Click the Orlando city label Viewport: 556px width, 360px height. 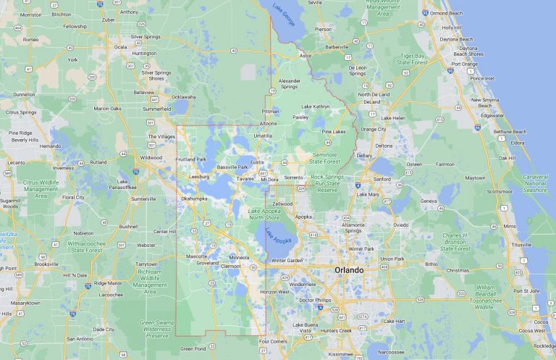click(349, 269)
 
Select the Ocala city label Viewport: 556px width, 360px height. click(120, 46)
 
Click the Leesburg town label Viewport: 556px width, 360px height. click(198, 176)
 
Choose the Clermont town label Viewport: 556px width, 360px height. click(230, 266)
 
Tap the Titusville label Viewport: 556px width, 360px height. click(521, 244)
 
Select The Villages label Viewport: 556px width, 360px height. click(161, 136)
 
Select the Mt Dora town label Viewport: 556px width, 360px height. click(269, 179)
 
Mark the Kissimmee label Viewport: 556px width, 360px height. click(340, 354)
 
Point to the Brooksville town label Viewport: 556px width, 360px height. click(46, 264)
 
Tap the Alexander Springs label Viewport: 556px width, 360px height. click(289, 84)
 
